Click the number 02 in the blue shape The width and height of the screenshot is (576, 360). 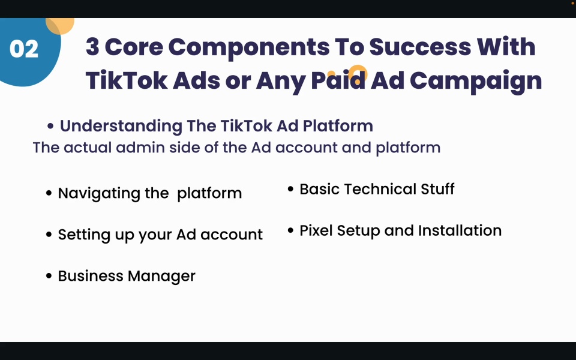coord(24,49)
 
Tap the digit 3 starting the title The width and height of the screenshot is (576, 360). coord(93,47)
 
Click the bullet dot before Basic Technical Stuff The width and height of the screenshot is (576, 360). coord(291,190)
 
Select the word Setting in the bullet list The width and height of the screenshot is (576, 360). coord(80,235)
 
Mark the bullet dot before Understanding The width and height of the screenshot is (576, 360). coord(51,126)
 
